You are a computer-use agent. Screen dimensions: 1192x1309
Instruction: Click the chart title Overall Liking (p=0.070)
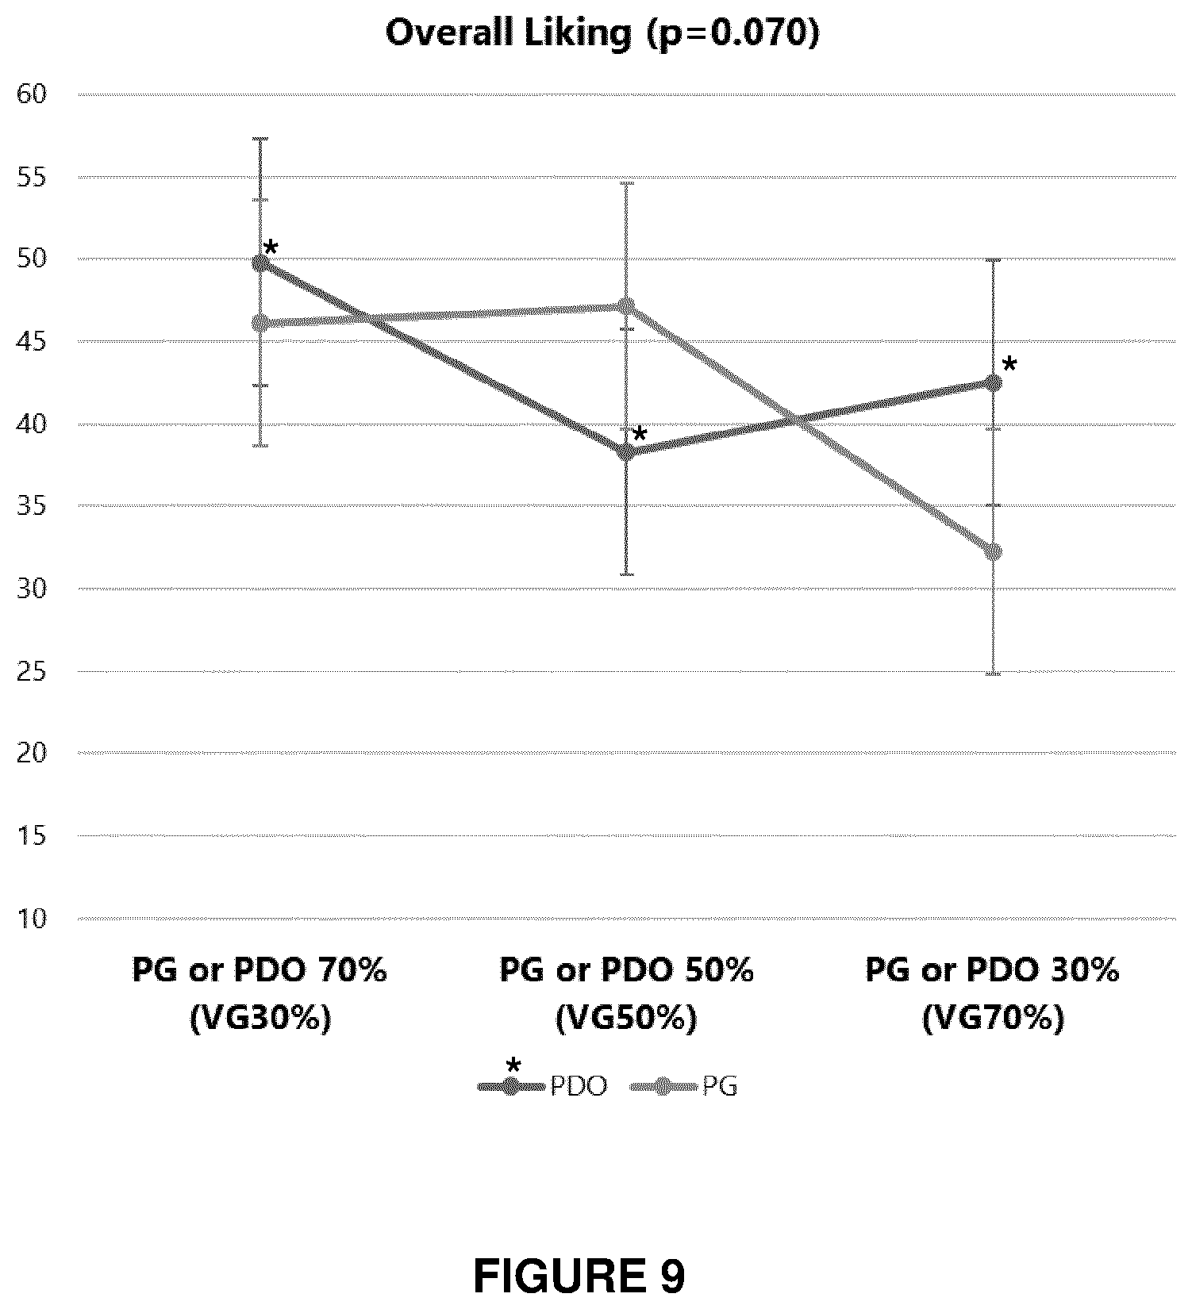click(x=602, y=34)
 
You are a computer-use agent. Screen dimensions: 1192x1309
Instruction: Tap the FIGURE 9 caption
click(x=579, y=1276)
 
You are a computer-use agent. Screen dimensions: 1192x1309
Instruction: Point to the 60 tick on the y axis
click(x=33, y=94)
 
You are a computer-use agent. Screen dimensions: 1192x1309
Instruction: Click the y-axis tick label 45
click(x=33, y=341)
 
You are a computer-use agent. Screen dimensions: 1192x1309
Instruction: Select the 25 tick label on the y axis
click(x=33, y=671)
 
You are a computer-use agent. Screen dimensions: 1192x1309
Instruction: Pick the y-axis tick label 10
click(x=33, y=919)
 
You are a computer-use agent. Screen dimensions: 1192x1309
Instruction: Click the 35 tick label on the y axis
click(x=33, y=506)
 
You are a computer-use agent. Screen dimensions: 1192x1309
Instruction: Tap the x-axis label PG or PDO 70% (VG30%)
click(x=260, y=993)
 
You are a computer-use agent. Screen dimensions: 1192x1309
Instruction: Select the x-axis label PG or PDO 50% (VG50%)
click(x=626, y=993)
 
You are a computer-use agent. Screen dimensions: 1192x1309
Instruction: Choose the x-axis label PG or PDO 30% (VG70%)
click(x=993, y=993)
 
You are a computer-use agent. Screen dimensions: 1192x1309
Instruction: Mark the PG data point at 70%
click(x=260, y=323)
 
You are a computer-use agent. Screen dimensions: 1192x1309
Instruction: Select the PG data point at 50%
click(x=626, y=305)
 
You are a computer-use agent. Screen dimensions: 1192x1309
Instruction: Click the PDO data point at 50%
click(x=626, y=452)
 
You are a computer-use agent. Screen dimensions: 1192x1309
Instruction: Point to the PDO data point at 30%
click(x=993, y=383)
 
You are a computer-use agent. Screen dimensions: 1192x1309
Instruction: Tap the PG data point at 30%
click(x=993, y=551)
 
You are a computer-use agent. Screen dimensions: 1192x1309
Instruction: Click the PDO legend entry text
click(x=579, y=1086)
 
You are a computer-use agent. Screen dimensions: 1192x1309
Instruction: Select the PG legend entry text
click(x=720, y=1086)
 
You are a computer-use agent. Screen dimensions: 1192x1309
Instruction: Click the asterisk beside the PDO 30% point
click(x=1009, y=365)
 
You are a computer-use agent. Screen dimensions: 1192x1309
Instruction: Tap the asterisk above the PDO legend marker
click(x=513, y=1065)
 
